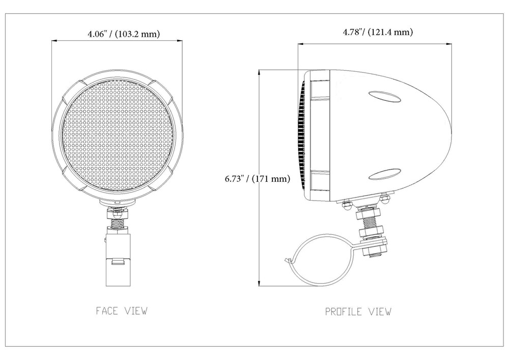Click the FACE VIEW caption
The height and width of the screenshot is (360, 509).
click(122, 311)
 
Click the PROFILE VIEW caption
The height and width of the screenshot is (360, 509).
click(358, 312)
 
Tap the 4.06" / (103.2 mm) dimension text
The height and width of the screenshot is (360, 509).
click(124, 34)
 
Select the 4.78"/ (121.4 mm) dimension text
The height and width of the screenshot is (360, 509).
click(378, 32)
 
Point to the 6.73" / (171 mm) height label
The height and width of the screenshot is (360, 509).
click(258, 179)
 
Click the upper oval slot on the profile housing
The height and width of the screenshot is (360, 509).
click(384, 97)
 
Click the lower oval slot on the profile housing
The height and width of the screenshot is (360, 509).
click(384, 174)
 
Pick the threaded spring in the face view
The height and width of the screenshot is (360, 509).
click(118, 223)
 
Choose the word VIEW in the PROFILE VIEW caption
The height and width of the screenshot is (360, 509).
click(380, 312)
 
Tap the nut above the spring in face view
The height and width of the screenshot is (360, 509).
click(118, 213)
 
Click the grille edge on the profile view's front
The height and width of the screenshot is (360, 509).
click(301, 135)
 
